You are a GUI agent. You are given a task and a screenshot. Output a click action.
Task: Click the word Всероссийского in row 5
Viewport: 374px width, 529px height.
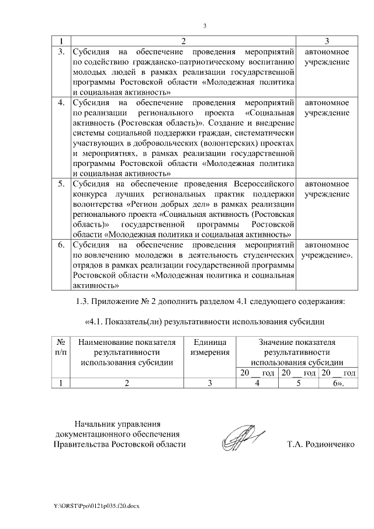(263, 184)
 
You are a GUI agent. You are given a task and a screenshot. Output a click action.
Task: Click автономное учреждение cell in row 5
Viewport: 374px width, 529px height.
(327, 189)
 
